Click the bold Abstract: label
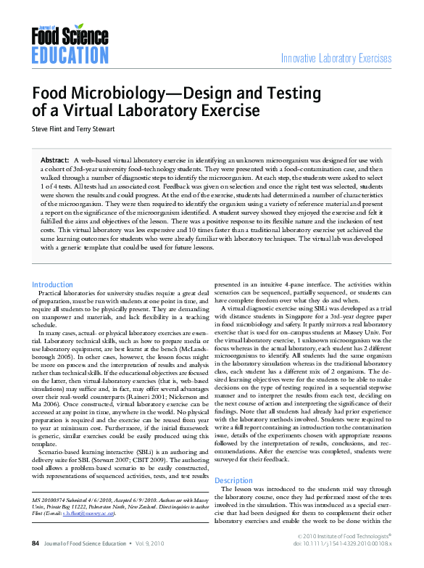(54, 159)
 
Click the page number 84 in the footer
(35, 543)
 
